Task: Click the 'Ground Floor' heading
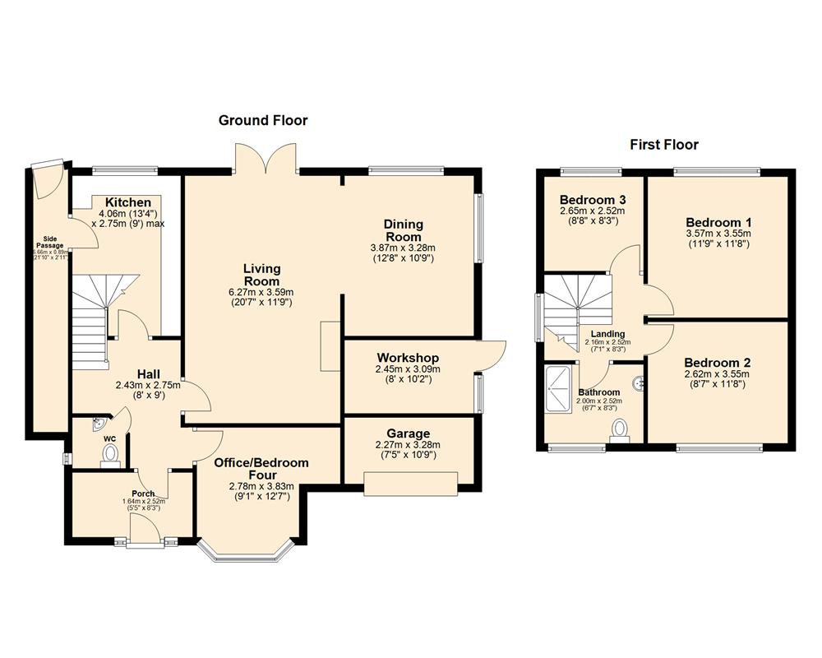(x=263, y=121)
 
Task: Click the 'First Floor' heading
(x=664, y=145)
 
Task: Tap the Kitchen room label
(x=127, y=202)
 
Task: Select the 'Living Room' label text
(x=261, y=275)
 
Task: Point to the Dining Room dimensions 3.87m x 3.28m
(x=403, y=247)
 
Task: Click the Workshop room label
(x=408, y=358)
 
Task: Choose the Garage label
(x=408, y=433)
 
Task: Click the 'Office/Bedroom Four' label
(x=261, y=469)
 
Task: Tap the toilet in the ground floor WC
(x=109, y=455)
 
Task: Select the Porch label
(x=144, y=493)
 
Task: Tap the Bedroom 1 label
(x=718, y=222)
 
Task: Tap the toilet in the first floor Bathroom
(x=621, y=429)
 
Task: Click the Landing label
(x=607, y=333)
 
